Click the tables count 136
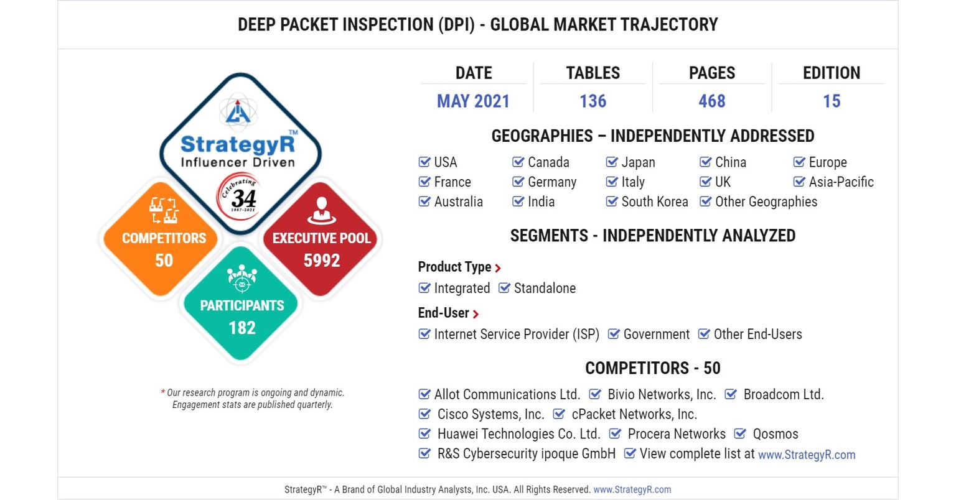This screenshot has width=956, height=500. tap(593, 101)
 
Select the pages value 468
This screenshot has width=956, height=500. tap(711, 101)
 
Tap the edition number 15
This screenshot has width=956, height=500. tap(831, 101)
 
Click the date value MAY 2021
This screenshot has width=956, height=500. tap(473, 101)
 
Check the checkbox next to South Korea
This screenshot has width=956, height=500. tap(612, 201)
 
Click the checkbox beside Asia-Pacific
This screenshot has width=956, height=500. tap(799, 182)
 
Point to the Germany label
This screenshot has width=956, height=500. tap(552, 182)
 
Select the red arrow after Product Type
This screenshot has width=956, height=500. tap(498, 268)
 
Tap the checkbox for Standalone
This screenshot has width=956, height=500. tap(505, 288)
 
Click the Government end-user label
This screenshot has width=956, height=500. tap(656, 335)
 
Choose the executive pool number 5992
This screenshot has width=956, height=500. tap(321, 261)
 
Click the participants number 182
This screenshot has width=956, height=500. tap(242, 328)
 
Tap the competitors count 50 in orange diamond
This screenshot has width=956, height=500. tap(164, 261)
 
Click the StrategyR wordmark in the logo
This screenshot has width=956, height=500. tap(238, 144)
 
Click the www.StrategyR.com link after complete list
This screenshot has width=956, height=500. tap(806, 455)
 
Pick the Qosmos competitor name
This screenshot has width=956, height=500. tap(775, 434)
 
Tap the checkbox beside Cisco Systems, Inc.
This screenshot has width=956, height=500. tap(424, 414)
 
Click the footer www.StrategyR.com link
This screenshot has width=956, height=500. tap(632, 489)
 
